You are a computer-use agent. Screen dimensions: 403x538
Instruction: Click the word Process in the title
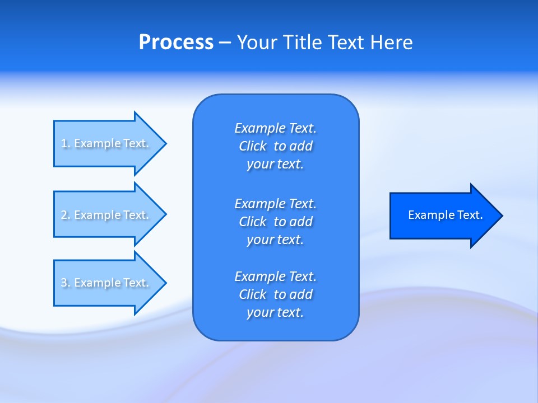click(x=176, y=43)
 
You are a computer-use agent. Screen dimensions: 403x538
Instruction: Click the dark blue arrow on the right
click(x=443, y=215)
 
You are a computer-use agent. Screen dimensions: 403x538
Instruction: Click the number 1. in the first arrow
click(x=66, y=143)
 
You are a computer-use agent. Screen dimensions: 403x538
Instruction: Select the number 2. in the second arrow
click(x=66, y=215)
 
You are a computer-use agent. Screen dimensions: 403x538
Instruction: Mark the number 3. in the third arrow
click(x=66, y=283)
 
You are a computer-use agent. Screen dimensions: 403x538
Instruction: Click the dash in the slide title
click(x=225, y=43)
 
